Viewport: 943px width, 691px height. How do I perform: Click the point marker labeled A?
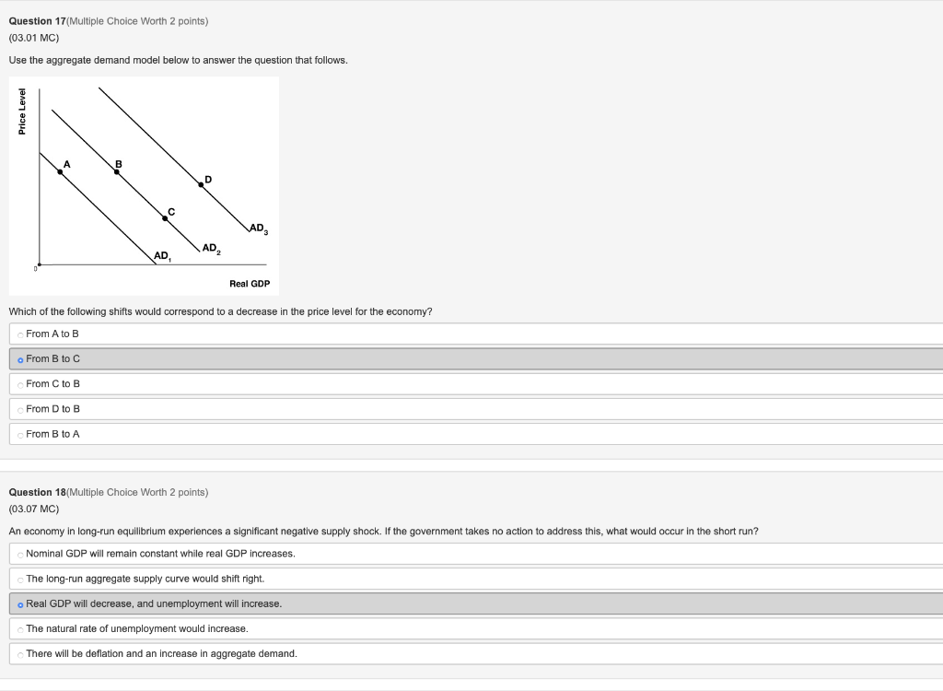(x=61, y=171)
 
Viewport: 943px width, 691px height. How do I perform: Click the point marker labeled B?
(x=116, y=171)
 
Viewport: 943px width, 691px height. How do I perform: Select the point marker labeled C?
(x=165, y=218)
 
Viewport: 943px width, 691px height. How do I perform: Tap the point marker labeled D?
(x=201, y=185)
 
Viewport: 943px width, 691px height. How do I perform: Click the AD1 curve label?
(x=162, y=255)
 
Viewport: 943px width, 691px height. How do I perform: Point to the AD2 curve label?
(x=211, y=248)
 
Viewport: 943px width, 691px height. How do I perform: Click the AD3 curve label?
(x=259, y=228)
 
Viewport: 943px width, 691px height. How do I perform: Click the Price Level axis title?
(x=22, y=111)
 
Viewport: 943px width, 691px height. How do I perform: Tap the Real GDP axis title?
(x=250, y=284)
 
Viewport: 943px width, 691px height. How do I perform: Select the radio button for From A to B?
(x=20, y=334)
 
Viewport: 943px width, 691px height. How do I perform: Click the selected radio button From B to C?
(x=20, y=358)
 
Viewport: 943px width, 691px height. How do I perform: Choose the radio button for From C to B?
(x=20, y=383)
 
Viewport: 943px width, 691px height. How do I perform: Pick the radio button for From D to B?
(x=20, y=409)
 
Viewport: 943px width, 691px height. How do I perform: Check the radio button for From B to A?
(x=20, y=434)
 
